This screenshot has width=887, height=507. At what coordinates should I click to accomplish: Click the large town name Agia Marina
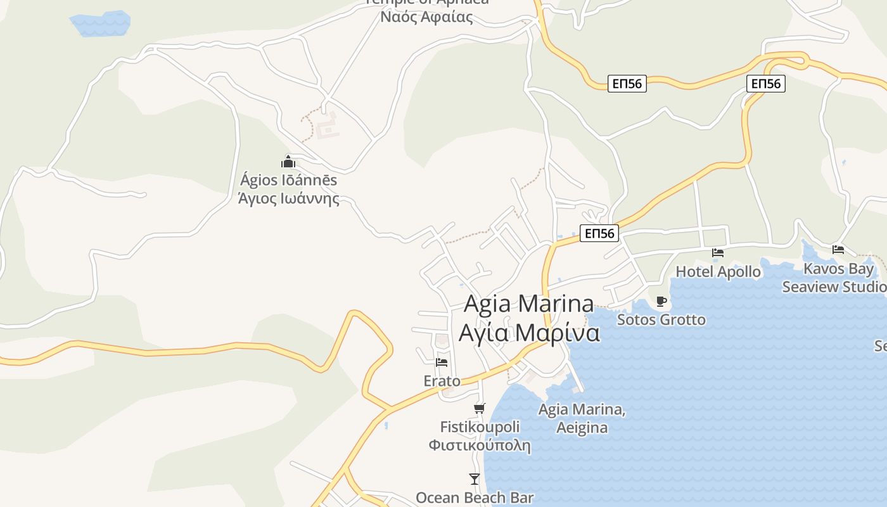click(528, 304)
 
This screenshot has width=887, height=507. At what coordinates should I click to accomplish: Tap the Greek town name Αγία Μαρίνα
click(528, 333)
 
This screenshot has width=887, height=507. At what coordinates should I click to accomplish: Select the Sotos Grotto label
click(661, 319)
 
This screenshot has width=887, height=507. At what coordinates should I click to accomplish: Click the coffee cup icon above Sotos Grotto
click(661, 302)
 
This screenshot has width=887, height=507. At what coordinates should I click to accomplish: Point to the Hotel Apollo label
click(718, 272)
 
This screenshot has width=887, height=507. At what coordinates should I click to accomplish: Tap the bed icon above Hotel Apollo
click(718, 253)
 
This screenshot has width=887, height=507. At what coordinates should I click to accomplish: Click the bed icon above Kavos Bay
click(838, 250)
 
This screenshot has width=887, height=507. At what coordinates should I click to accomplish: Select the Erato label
click(442, 381)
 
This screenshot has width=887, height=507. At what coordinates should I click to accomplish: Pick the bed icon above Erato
click(442, 363)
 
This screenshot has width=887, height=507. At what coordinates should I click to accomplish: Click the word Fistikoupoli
click(480, 427)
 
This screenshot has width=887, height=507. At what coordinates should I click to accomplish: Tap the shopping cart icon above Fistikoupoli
click(480, 409)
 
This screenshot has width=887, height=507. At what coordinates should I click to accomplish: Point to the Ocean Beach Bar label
click(475, 498)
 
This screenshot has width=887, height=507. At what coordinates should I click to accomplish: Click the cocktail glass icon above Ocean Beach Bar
click(475, 478)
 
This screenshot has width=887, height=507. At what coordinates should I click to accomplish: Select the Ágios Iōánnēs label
click(288, 180)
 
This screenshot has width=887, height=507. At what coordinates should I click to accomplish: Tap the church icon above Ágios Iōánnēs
click(288, 162)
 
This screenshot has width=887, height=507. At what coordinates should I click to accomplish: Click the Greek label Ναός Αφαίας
click(426, 17)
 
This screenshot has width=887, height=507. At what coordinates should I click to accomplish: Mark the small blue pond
click(100, 23)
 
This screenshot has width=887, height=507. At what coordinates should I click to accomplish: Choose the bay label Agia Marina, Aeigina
click(582, 418)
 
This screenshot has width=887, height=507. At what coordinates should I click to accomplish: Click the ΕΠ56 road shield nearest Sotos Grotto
click(599, 233)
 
